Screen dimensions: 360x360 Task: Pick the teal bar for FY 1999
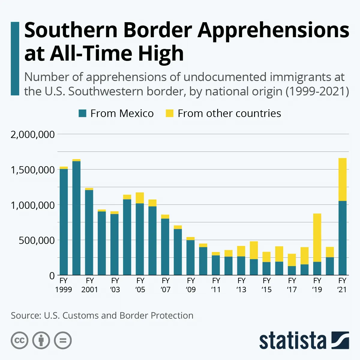(x=64, y=222)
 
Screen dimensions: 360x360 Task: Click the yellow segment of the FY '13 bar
(x=241, y=251)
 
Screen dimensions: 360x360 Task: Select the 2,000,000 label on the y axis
(x=33, y=134)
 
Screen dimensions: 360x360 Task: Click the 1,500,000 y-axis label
(x=33, y=170)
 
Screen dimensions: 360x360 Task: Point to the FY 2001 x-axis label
(x=90, y=285)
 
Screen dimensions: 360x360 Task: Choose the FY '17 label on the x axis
(x=292, y=285)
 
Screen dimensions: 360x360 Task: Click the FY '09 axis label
(x=191, y=285)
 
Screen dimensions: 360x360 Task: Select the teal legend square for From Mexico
(x=82, y=113)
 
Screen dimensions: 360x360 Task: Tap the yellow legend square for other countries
(x=169, y=113)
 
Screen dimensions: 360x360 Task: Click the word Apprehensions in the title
(x=273, y=30)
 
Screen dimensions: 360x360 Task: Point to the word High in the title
(x=161, y=53)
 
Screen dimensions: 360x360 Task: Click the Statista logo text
(x=292, y=341)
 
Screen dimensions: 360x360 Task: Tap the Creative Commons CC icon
(x=19, y=340)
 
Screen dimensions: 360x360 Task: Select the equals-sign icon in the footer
(x=63, y=340)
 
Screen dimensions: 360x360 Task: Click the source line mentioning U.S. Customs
(x=102, y=316)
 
